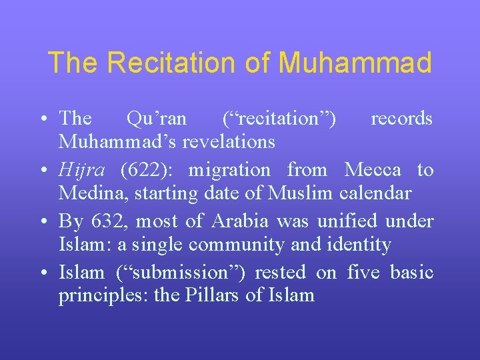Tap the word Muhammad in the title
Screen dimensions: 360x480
tap(355, 63)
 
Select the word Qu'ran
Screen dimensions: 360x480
tap(157, 119)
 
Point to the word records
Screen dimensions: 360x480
tap(401, 119)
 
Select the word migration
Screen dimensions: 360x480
tap(229, 170)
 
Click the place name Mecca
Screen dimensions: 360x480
tap(373, 170)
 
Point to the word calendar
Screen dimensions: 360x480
tap(375, 193)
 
